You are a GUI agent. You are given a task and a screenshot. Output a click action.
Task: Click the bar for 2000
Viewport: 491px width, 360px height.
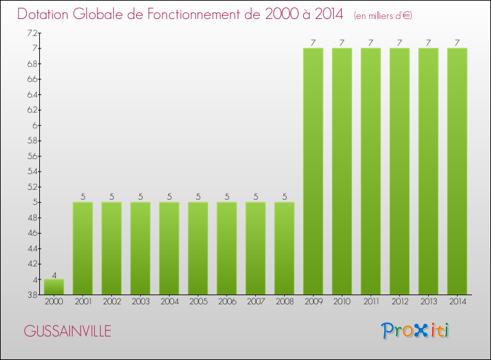tap(54, 287)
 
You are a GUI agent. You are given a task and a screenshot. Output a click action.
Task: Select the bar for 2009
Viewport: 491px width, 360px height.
tap(313, 171)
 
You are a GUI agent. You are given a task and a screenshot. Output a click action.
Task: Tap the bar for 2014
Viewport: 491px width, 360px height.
tap(457, 171)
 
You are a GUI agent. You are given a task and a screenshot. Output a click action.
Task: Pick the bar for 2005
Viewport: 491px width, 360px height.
tap(198, 248)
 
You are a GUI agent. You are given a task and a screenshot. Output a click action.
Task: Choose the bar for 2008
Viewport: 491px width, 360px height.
tap(284, 248)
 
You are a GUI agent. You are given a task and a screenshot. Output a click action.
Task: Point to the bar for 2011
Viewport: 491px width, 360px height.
tap(371, 171)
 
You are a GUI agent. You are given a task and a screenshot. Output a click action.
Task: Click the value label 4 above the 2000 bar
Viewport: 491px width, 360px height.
tap(54, 274)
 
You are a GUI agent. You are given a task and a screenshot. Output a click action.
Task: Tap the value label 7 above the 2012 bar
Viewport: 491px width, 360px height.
tap(399, 43)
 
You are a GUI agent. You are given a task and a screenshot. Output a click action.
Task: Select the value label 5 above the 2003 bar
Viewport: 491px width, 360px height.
tap(140, 196)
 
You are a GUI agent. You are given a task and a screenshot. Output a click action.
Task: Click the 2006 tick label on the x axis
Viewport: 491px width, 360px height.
tap(227, 302)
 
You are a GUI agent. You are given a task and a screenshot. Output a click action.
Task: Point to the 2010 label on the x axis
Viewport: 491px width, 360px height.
tap(342, 302)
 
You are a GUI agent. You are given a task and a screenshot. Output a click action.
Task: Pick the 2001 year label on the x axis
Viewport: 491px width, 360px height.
tap(82, 302)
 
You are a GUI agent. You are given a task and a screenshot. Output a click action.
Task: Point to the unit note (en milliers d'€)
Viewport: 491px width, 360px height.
tap(383, 15)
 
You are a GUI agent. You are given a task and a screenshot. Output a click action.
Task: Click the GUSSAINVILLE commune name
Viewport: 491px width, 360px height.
tap(67, 331)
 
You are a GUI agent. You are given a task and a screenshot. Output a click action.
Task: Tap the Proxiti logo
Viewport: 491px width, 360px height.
tap(416, 330)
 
